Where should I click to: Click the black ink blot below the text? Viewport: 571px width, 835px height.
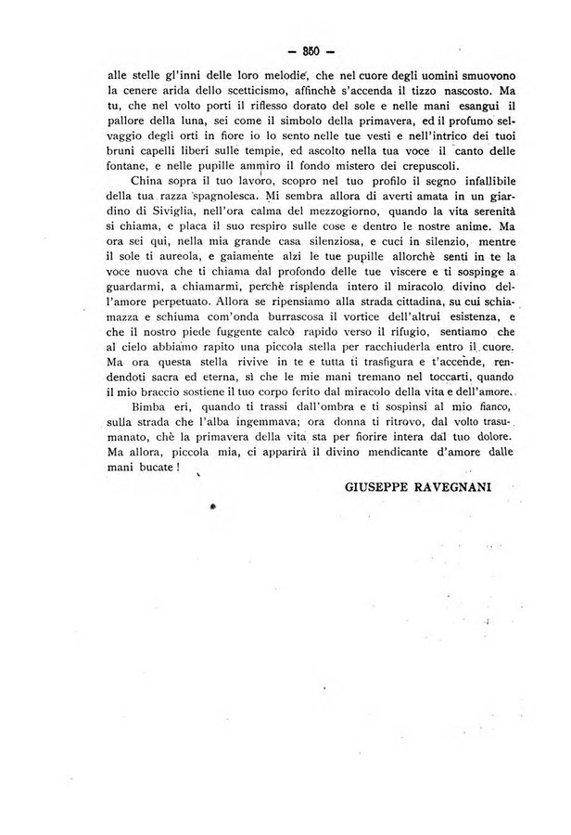tap(213, 507)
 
